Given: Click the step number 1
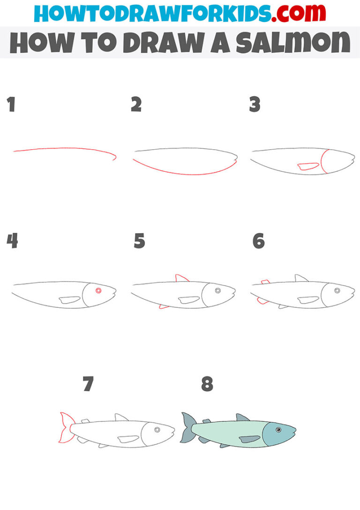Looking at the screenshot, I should click(x=11, y=105).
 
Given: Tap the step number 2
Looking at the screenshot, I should click(x=136, y=105).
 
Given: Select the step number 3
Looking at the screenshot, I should click(x=255, y=105).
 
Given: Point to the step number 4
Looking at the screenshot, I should click(x=12, y=241).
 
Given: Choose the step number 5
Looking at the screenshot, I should click(x=139, y=241).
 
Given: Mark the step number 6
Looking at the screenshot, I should click(x=258, y=241).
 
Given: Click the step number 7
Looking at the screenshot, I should click(x=88, y=384).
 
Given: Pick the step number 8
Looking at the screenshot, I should click(x=207, y=384).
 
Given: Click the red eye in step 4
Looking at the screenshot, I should click(x=98, y=290).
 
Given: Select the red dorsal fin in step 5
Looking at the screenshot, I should click(x=181, y=279).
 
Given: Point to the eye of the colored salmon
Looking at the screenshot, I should click(x=278, y=429).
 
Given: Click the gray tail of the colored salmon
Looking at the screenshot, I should click(x=187, y=427).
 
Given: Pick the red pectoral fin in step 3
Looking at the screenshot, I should click(x=308, y=166).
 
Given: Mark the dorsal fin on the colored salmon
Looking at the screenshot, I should click(x=242, y=417).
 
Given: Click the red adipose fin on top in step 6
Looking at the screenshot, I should click(x=265, y=282).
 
